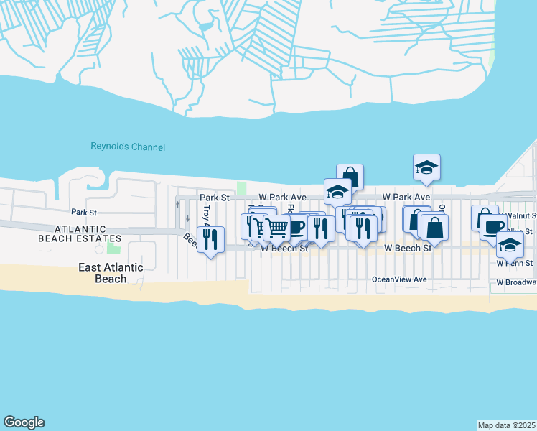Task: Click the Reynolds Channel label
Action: click(x=128, y=147)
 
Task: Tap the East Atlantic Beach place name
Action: click(x=111, y=273)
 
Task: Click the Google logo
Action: click(x=24, y=422)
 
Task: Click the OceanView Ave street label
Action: click(x=399, y=279)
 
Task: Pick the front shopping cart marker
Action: click(x=277, y=228)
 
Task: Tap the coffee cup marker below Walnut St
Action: click(x=492, y=226)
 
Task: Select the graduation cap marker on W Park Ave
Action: click(x=337, y=191)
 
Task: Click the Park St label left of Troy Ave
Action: click(x=83, y=213)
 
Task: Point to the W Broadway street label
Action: click(x=516, y=283)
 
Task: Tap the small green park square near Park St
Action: click(x=242, y=187)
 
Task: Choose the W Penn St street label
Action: click(x=515, y=264)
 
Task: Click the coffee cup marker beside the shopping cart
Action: click(x=296, y=228)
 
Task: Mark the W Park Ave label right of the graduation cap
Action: click(x=406, y=197)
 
